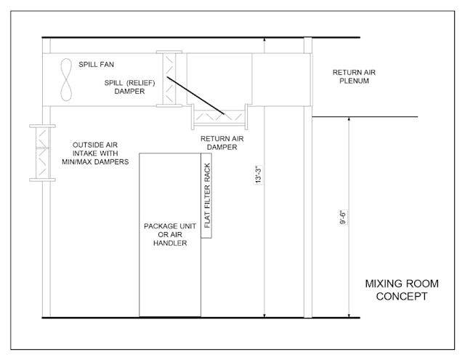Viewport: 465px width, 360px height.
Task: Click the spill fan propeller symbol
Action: [67, 79]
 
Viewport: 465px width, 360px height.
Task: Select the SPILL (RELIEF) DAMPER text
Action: [129, 87]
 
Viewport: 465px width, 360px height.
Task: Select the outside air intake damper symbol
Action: [42, 153]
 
